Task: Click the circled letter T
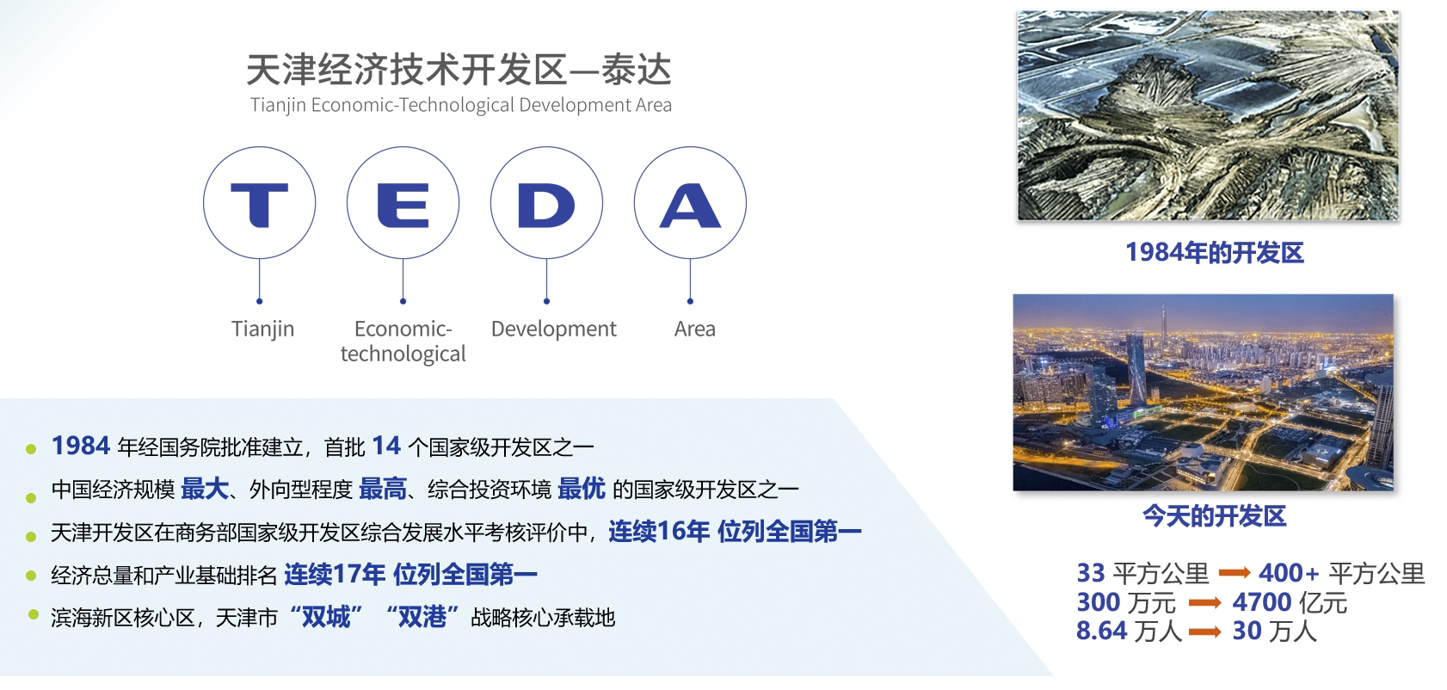point(260,205)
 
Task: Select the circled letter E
point(403,205)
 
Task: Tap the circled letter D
point(546,206)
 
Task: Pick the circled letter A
point(690,206)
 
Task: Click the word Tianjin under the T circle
point(263,330)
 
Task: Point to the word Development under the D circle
point(554,330)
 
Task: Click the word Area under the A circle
point(695,330)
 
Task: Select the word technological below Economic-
point(403,354)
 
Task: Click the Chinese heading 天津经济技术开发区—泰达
point(459,70)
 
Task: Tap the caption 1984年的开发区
point(1215,253)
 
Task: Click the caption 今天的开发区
point(1215,516)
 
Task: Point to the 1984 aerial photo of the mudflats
point(1208,115)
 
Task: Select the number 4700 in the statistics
point(1261,602)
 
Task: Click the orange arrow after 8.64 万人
point(1204,631)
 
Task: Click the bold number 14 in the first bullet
point(386,446)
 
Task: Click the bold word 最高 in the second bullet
point(383,489)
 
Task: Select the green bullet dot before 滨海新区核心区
point(34,614)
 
